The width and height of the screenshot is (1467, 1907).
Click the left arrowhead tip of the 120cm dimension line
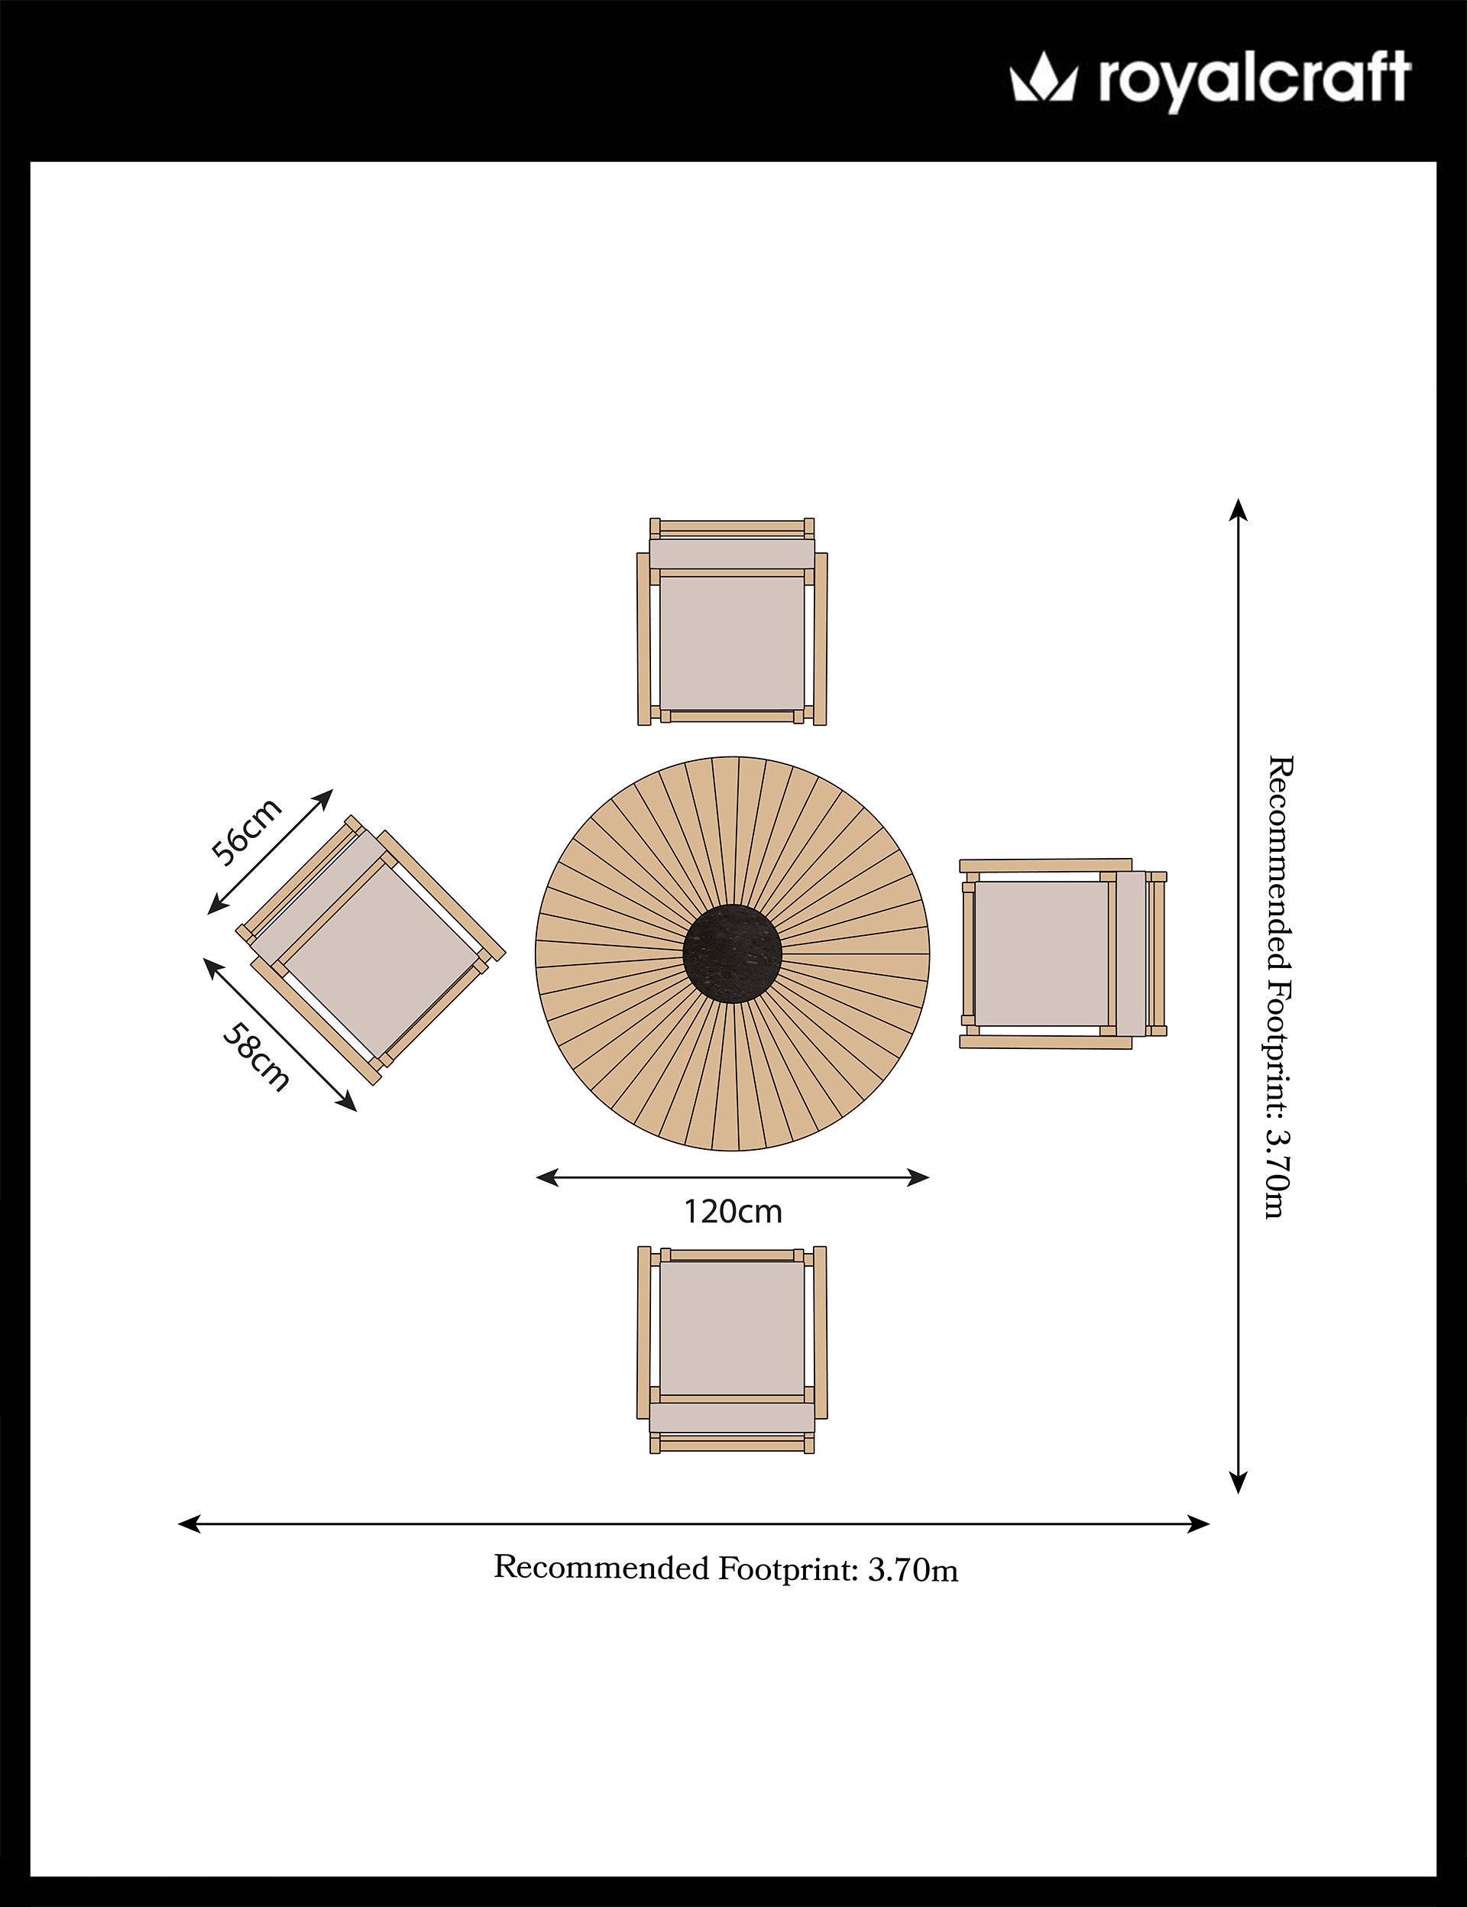tap(536, 1178)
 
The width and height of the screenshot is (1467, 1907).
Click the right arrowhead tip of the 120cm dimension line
tap(930, 1178)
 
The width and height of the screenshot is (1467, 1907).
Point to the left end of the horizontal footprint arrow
tap(178, 1524)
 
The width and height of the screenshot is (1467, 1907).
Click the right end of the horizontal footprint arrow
tap(1210, 1524)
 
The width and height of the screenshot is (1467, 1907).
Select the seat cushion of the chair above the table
tap(732, 643)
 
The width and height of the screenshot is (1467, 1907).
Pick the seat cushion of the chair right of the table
tap(1041, 953)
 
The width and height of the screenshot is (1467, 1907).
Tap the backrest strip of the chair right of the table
tap(1131, 953)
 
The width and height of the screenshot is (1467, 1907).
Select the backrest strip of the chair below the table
tap(732, 1417)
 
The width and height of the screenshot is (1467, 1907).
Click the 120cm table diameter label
tap(733, 1212)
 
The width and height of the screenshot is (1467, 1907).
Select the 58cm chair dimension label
tap(256, 1057)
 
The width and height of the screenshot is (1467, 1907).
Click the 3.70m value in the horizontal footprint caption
tap(912, 1571)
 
